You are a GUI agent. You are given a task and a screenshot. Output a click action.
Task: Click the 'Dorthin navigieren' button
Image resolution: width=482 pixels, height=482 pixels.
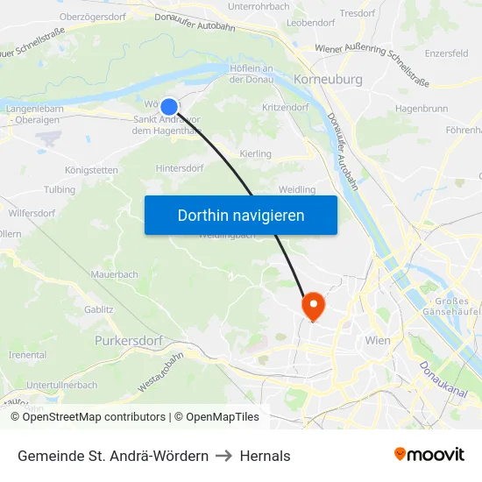241,215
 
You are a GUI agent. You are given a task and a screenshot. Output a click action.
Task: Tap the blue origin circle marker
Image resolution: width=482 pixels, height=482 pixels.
169,106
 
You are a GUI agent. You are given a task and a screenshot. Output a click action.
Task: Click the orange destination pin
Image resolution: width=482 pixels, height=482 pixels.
312,306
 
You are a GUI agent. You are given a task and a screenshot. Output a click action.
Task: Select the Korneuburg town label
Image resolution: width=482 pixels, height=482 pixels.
306,79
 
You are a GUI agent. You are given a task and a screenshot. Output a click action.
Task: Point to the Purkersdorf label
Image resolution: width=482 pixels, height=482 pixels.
129,339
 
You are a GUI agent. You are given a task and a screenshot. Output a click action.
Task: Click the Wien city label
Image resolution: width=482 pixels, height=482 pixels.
378,340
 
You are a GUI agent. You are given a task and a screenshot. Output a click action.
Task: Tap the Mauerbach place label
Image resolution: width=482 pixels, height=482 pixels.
114,274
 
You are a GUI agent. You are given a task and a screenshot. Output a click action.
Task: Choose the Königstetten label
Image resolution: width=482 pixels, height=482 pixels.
92,170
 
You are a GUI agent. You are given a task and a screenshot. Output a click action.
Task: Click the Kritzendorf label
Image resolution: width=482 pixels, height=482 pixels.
285,106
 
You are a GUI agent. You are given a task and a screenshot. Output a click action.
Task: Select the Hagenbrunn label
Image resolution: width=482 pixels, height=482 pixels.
422,108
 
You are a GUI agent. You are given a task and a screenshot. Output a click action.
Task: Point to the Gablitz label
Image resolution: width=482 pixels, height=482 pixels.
99,309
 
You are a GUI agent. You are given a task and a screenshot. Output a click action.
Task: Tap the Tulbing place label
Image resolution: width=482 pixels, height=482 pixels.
60,189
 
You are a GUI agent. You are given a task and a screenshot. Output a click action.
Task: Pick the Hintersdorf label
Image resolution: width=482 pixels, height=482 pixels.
180,167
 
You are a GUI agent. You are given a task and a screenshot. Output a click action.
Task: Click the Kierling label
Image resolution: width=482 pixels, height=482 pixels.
255,153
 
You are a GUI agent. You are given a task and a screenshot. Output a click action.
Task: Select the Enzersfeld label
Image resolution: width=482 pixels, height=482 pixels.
445,53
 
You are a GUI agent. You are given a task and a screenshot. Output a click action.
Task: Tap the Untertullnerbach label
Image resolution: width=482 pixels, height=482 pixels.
61,385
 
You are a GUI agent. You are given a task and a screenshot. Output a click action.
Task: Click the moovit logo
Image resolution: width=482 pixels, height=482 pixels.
429,455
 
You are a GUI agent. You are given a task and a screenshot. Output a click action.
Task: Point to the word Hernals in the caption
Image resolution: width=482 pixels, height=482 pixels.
266,456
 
